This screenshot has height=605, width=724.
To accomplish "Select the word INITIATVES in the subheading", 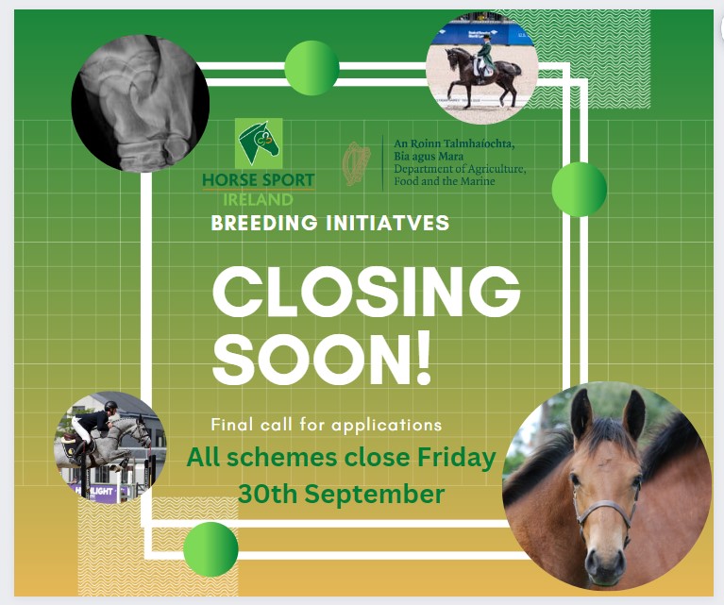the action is click(x=387, y=223).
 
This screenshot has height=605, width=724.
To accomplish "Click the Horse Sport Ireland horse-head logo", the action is click(x=259, y=143).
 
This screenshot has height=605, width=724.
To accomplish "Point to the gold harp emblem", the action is click(x=357, y=163).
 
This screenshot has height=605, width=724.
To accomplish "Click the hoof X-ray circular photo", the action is click(x=141, y=103).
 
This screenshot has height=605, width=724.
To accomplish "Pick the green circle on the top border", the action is click(x=312, y=68).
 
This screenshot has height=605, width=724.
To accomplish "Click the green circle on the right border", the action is click(x=579, y=189).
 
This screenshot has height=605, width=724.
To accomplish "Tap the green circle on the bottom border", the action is click(x=210, y=549).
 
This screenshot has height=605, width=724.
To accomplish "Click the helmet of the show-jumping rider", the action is click(x=110, y=406).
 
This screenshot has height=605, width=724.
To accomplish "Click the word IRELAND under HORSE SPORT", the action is click(x=258, y=199).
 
